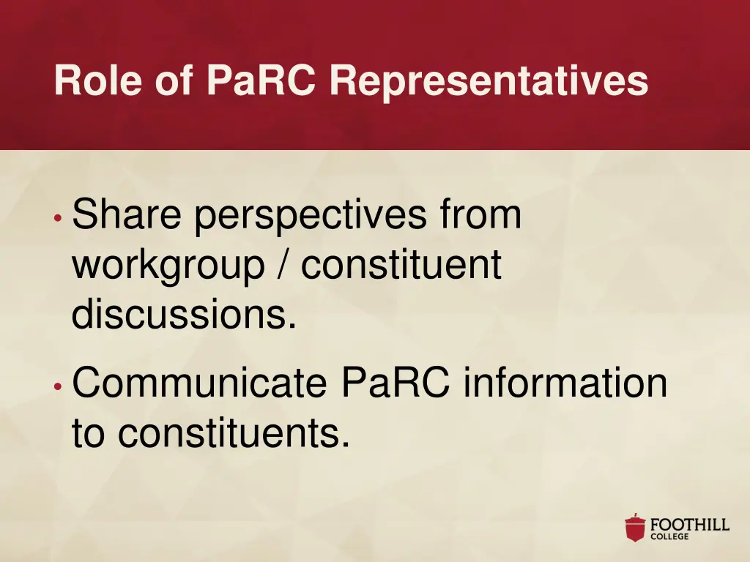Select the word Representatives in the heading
pos(489,80)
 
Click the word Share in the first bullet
pos(127,215)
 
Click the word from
pos(481,215)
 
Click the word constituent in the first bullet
pos(402,265)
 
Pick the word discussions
pos(184,315)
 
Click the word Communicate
pos(199,383)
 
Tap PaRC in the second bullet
pos(396,383)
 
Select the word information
pos(565,383)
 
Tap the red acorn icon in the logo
pos(635,528)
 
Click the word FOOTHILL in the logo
pos(690,524)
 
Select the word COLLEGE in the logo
pos(669,536)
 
